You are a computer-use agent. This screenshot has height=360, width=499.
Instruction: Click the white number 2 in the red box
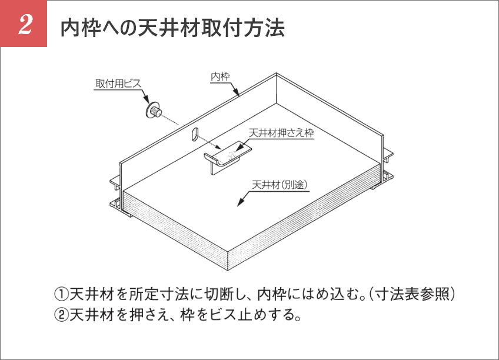pyautogui.click(x=25, y=24)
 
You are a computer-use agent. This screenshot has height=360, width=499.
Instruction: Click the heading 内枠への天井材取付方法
pyautogui.click(x=172, y=28)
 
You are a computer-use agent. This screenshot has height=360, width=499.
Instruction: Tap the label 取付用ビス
pyautogui.click(x=118, y=84)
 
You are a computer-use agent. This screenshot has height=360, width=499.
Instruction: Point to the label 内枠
pyautogui.click(x=220, y=76)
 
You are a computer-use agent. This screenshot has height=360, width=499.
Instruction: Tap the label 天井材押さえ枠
pyautogui.click(x=281, y=132)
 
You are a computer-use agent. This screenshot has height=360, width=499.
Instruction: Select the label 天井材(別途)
pyautogui.click(x=280, y=185)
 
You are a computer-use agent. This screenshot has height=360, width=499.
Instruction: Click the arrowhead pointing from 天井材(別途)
pyautogui.click(x=241, y=202)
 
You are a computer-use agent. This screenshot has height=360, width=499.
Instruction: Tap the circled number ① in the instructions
pyautogui.click(x=61, y=295)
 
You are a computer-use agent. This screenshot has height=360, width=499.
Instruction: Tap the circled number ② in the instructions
pyautogui.click(x=61, y=315)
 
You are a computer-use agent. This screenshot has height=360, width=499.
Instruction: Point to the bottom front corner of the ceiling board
pyautogui.click(x=228, y=271)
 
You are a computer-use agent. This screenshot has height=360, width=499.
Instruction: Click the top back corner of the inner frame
pyautogui.click(x=276, y=74)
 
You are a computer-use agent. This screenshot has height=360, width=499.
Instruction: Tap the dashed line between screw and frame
pyautogui.click(x=170, y=119)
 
